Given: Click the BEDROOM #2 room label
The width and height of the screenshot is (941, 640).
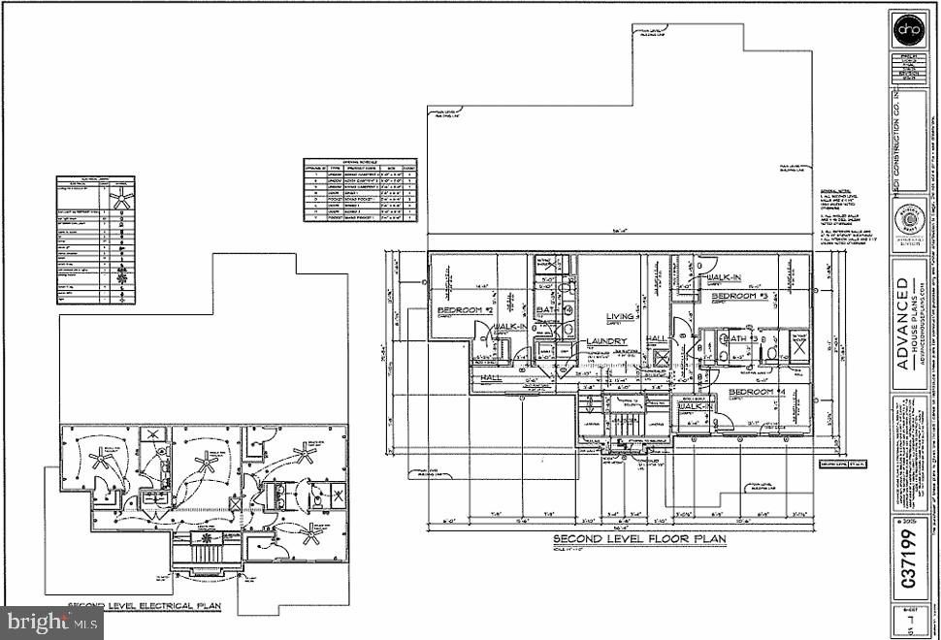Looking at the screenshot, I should pos(456,309).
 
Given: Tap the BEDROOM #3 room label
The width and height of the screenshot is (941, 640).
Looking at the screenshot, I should pos(740,296).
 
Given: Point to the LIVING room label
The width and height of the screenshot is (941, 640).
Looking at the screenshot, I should pos(620,316).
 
